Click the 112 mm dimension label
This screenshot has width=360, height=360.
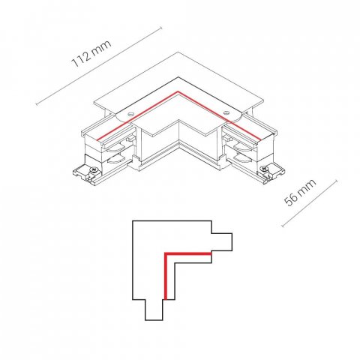click(x=91, y=54)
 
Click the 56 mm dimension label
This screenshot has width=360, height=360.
click(x=300, y=193)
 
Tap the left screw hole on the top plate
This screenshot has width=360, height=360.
click(x=130, y=115)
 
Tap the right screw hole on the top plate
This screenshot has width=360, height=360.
click(x=226, y=112)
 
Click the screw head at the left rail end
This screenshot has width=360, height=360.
click(x=94, y=170)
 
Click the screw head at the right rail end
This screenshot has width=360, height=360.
click(x=263, y=169)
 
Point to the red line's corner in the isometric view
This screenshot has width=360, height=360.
click(x=178, y=91)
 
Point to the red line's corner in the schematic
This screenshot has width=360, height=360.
click(x=166, y=253)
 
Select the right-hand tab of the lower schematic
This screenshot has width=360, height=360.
click(x=222, y=242)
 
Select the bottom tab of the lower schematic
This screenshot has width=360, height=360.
click(x=154, y=310)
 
